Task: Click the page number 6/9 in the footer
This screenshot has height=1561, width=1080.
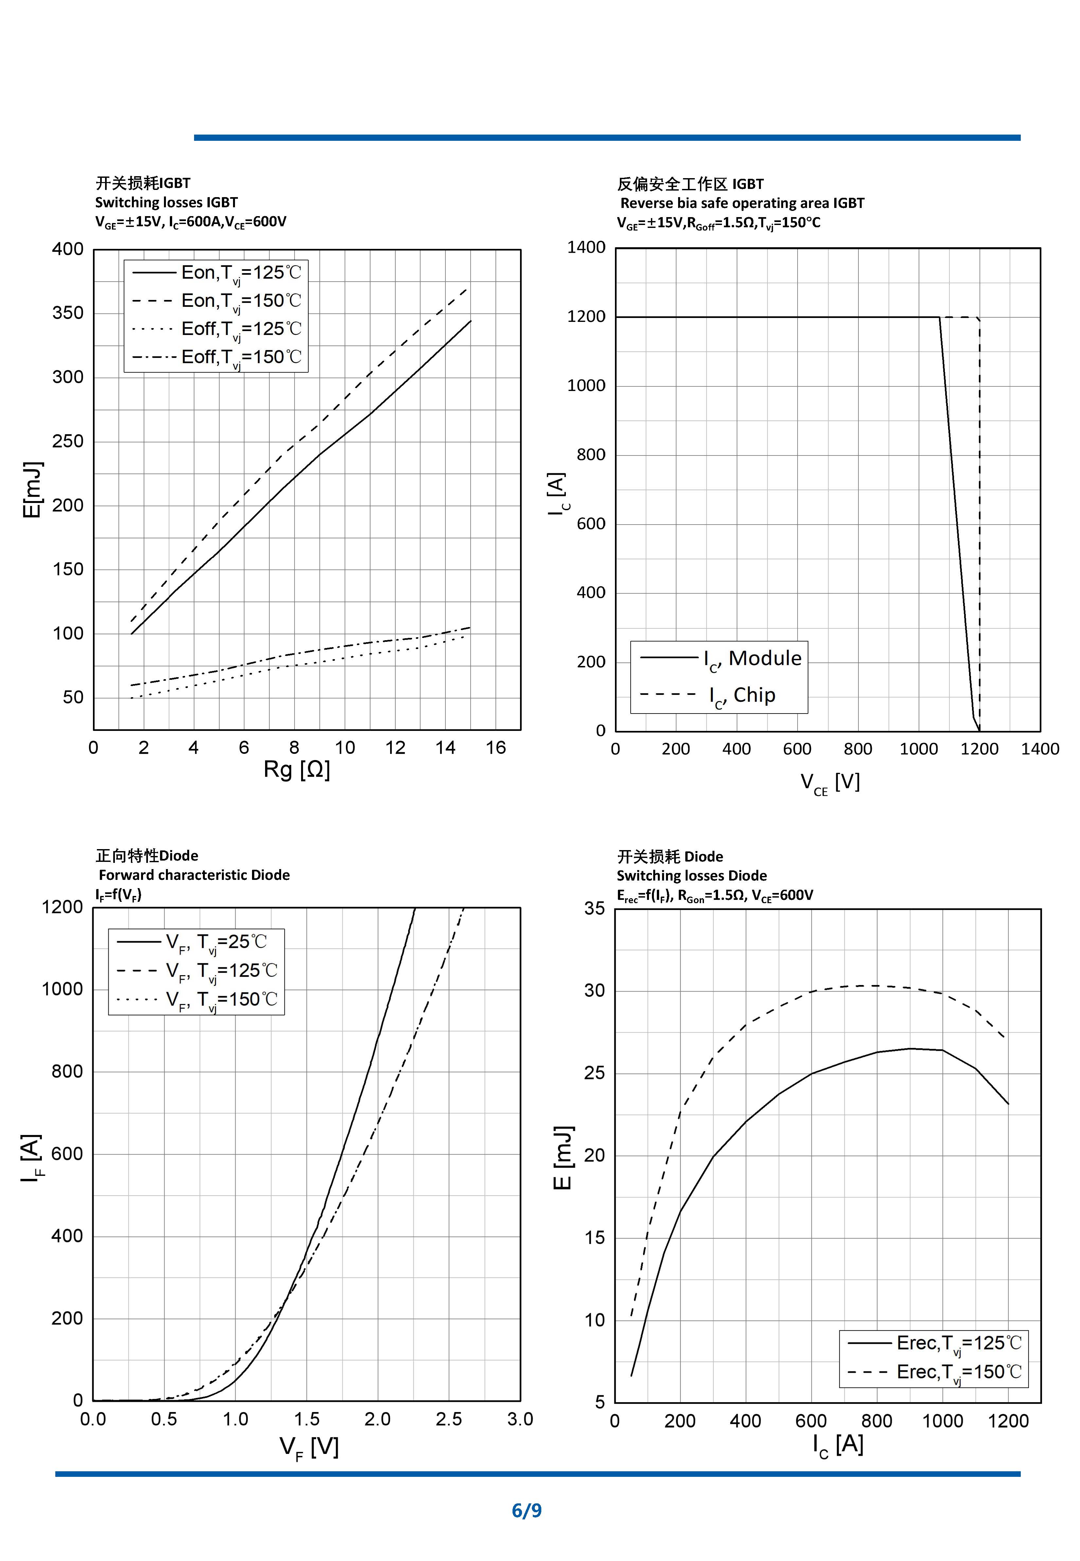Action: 527,1510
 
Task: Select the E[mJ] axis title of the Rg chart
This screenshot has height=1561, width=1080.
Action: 32,490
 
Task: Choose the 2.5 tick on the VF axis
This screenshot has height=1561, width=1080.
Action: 449,1420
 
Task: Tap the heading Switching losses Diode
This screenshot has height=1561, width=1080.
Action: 692,876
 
